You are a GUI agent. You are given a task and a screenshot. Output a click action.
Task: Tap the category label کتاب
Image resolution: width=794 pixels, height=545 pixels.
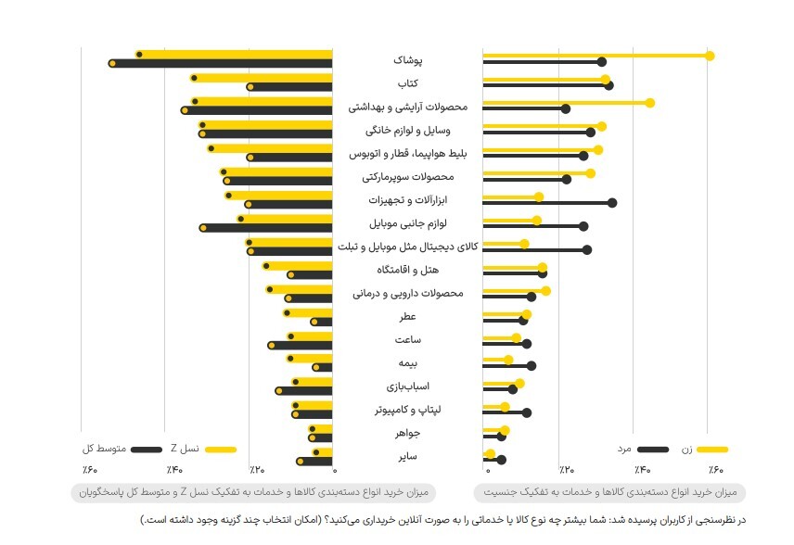point(408,83)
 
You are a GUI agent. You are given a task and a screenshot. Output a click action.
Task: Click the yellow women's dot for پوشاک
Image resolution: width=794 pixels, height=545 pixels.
point(710,56)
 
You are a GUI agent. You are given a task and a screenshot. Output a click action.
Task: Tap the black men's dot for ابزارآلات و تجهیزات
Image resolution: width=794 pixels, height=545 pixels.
point(612,202)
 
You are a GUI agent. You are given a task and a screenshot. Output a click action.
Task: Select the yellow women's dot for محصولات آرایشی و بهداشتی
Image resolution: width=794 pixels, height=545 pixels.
point(649,102)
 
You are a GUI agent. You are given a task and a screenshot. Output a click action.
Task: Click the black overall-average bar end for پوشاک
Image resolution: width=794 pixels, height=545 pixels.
point(112,63)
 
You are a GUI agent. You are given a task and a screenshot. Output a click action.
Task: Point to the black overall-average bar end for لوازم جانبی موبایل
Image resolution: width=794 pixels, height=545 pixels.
point(203,227)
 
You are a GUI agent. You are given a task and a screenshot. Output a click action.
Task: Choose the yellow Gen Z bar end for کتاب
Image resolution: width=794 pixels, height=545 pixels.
point(194,79)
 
